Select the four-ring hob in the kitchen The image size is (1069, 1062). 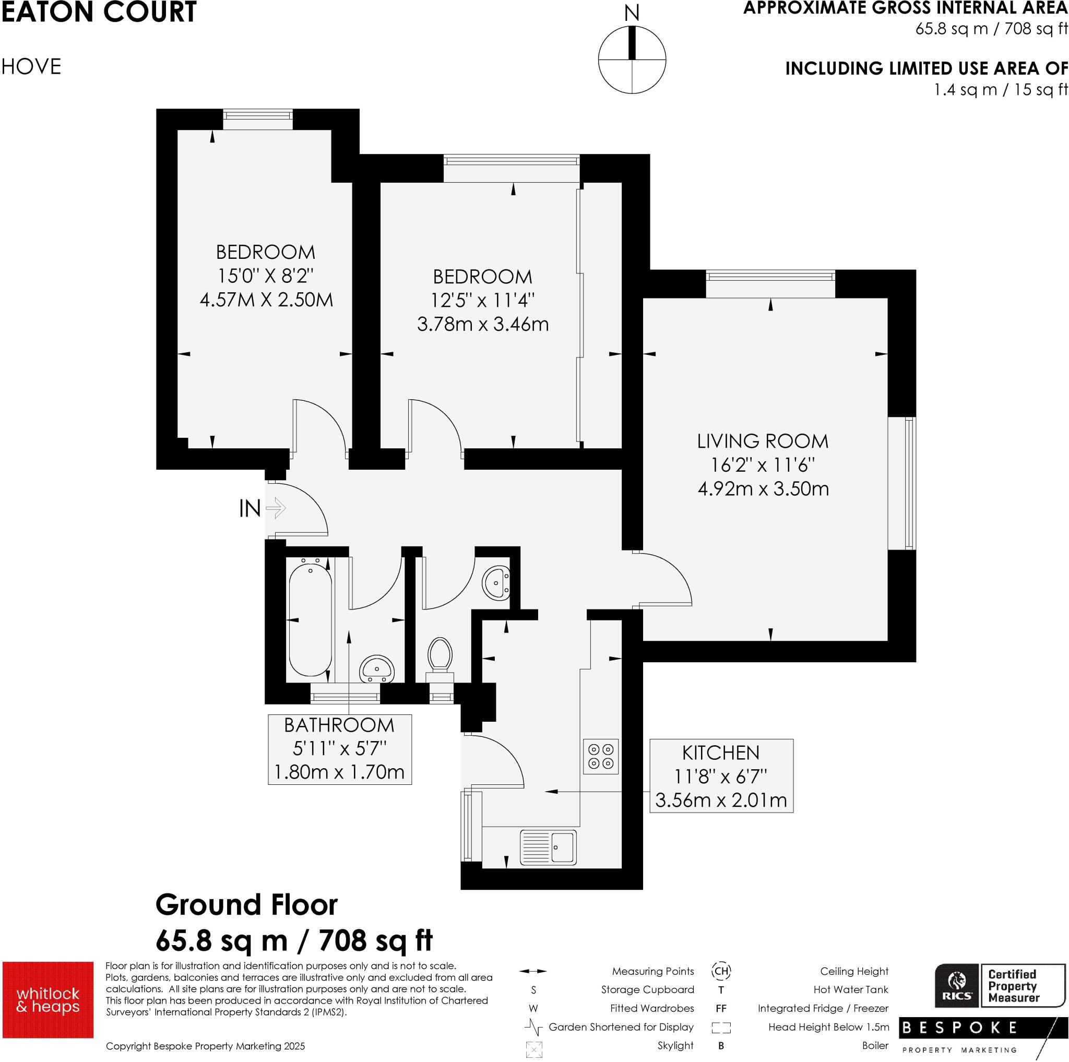point(600,756)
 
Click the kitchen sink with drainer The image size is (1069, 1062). point(548,847)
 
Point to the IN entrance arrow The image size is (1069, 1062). point(276,507)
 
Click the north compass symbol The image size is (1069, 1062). point(632,59)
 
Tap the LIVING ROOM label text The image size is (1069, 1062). point(763,441)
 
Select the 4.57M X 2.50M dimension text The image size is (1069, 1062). point(266,300)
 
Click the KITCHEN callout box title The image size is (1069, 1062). point(720,753)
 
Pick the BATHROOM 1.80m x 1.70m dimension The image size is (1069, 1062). point(339,772)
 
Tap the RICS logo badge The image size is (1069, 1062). point(957,992)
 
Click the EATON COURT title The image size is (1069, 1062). point(99,12)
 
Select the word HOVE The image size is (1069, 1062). point(31,67)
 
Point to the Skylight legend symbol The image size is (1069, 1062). point(533,1049)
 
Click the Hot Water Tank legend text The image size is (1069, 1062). point(850,989)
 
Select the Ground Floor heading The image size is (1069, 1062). point(246,905)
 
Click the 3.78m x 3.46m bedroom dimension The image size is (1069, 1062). point(482,324)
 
